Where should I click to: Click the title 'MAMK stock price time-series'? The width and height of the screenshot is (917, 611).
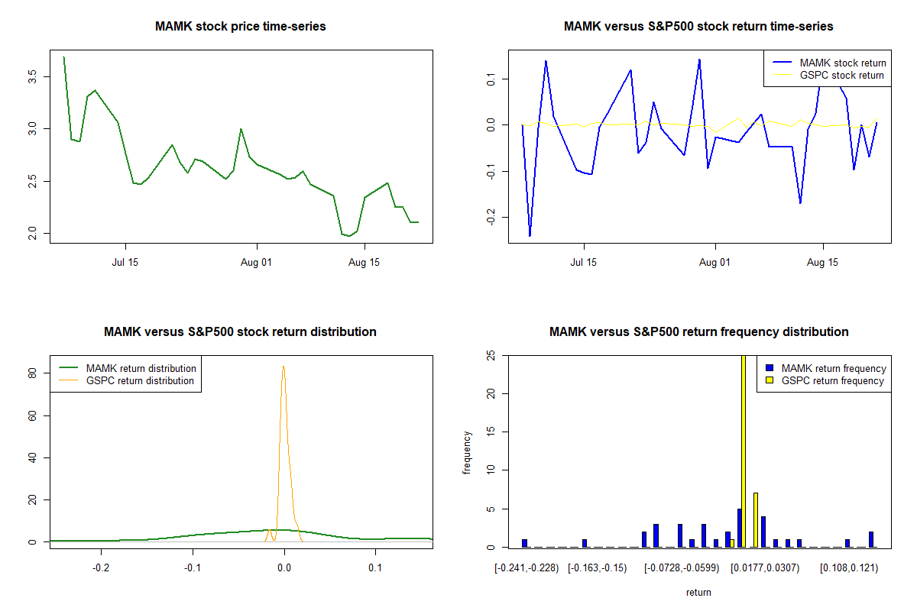(241, 26)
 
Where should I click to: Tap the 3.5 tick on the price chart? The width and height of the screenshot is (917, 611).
(32, 76)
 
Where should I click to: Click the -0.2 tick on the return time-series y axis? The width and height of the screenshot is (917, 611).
(491, 218)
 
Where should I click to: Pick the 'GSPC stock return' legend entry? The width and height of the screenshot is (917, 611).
(841, 75)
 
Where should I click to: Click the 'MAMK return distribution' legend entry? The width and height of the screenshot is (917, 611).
(141, 368)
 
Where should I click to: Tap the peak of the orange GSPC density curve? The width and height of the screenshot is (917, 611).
(284, 367)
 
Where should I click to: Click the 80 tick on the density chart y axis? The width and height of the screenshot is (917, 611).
(32, 373)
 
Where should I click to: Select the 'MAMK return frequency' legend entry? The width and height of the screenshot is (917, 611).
(833, 368)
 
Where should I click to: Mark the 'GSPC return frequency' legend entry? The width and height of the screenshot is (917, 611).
(832, 380)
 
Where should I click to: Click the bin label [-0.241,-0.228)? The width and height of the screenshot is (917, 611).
(527, 568)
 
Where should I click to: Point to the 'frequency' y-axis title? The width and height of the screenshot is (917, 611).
(468, 453)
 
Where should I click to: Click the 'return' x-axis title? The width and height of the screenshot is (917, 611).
(698, 592)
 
